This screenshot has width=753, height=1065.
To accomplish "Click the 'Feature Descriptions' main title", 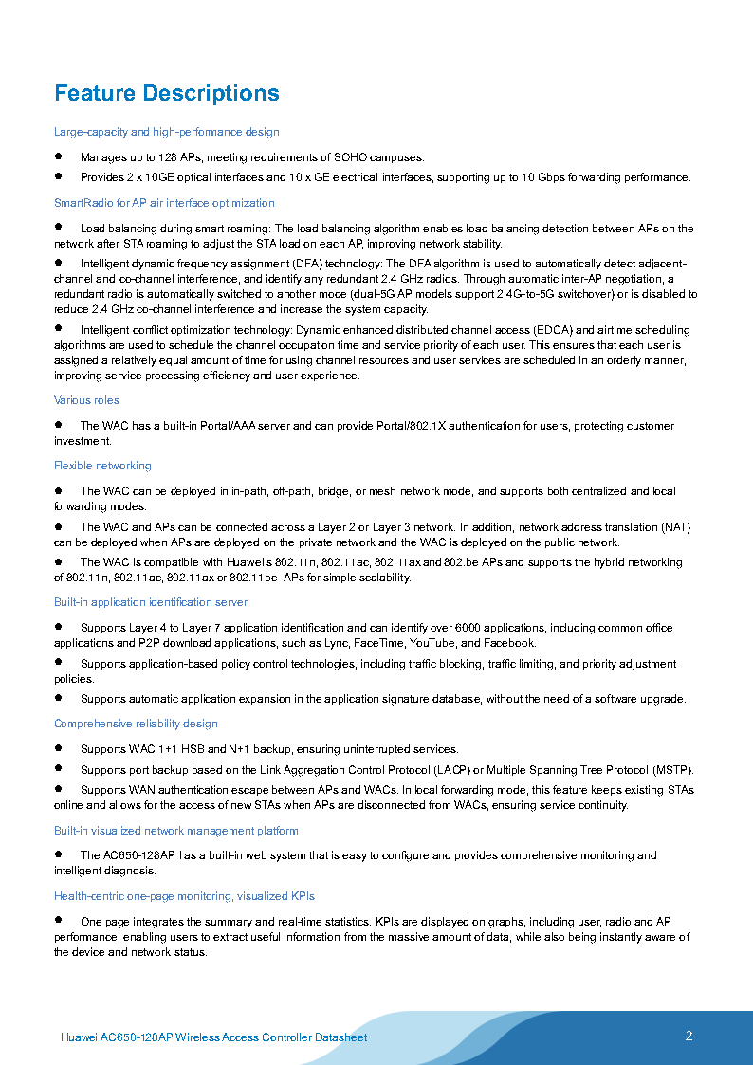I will pos(167,93).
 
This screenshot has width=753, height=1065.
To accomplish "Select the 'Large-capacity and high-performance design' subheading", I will pos(167,132).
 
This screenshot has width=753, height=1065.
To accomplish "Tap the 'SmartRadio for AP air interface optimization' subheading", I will pos(164,203).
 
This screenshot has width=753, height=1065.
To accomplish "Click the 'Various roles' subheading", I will pos(86,400).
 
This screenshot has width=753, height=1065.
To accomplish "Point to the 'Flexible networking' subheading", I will pos(102,466).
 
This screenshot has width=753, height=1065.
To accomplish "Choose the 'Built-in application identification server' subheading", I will pos(151,602).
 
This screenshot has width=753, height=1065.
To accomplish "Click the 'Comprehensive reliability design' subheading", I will pos(136,724).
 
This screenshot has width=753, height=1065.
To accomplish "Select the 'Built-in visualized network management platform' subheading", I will pos(176,831).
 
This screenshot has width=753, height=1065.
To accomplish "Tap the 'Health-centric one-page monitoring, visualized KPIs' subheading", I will pos(184,896).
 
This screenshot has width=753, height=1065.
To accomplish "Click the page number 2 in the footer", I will pos(689,1036).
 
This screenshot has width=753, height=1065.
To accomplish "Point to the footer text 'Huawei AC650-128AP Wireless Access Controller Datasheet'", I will pos(213,1037).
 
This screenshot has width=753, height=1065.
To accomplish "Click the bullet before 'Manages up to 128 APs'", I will pos(59,156).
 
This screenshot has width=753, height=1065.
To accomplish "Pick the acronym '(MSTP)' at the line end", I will pos(673,769).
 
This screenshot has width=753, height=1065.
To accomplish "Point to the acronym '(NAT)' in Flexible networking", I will pos(675,527).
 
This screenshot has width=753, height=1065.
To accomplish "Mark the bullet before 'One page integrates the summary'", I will pos(59,920).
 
